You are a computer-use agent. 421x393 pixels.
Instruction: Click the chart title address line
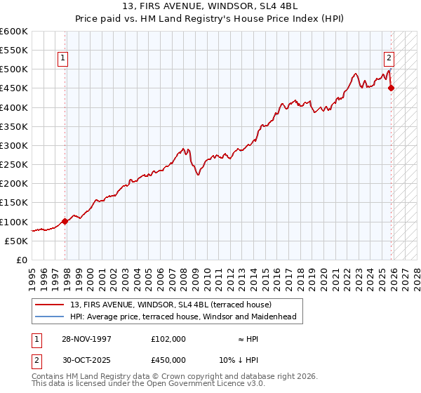[210, 6]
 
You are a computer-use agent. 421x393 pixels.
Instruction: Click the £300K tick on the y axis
[14, 145]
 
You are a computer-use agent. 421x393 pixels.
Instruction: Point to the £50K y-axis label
[16, 241]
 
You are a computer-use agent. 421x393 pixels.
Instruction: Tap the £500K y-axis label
[14, 69]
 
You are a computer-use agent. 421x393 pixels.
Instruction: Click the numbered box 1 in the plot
[63, 58]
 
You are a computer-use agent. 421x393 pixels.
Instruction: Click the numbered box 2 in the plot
[388, 58]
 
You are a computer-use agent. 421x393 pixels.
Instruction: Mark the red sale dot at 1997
[65, 221]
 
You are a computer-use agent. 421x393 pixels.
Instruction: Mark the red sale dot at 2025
[392, 88]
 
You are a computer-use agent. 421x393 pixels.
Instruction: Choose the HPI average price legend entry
[183, 317]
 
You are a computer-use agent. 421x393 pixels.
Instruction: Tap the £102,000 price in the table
[168, 338]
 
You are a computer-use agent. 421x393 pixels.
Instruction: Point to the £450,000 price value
[168, 359]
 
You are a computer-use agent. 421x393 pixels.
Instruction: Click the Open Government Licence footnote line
[149, 385]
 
